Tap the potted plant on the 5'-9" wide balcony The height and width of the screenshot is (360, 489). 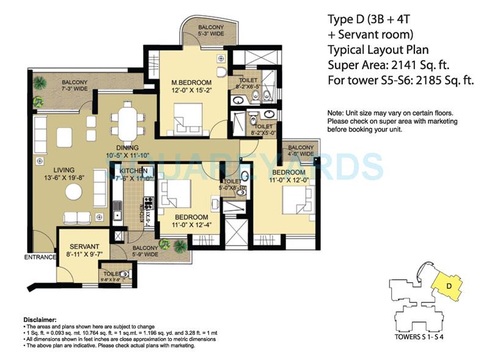point(180,246)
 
